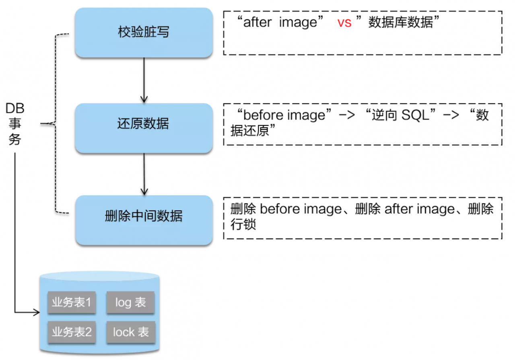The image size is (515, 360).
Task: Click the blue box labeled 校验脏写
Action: click(x=144, y=32)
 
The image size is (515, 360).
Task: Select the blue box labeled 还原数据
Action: click(x=144, y=124)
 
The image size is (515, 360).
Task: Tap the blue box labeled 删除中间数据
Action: click(x=144, y=216)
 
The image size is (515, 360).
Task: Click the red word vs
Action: click(x=344, y=23)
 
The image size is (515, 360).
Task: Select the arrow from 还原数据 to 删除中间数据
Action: click(x=144, y=173)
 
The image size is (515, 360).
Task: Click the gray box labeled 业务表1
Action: click(x=72, y=302)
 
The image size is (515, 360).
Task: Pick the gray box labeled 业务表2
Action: click(x=72, y=332)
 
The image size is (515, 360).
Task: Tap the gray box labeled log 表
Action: click(x=130, y=302)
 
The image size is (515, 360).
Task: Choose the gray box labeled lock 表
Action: click(x=130, y=332)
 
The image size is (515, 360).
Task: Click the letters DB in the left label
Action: click(x=15, y=108)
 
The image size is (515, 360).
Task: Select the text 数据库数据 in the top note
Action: click(x=400, y=23)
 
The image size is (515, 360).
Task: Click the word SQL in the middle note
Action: click(x=416, y=115)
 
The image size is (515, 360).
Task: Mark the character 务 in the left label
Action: click(x=15, y=140)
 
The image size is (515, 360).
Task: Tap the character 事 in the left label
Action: click(x=15, y=123)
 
